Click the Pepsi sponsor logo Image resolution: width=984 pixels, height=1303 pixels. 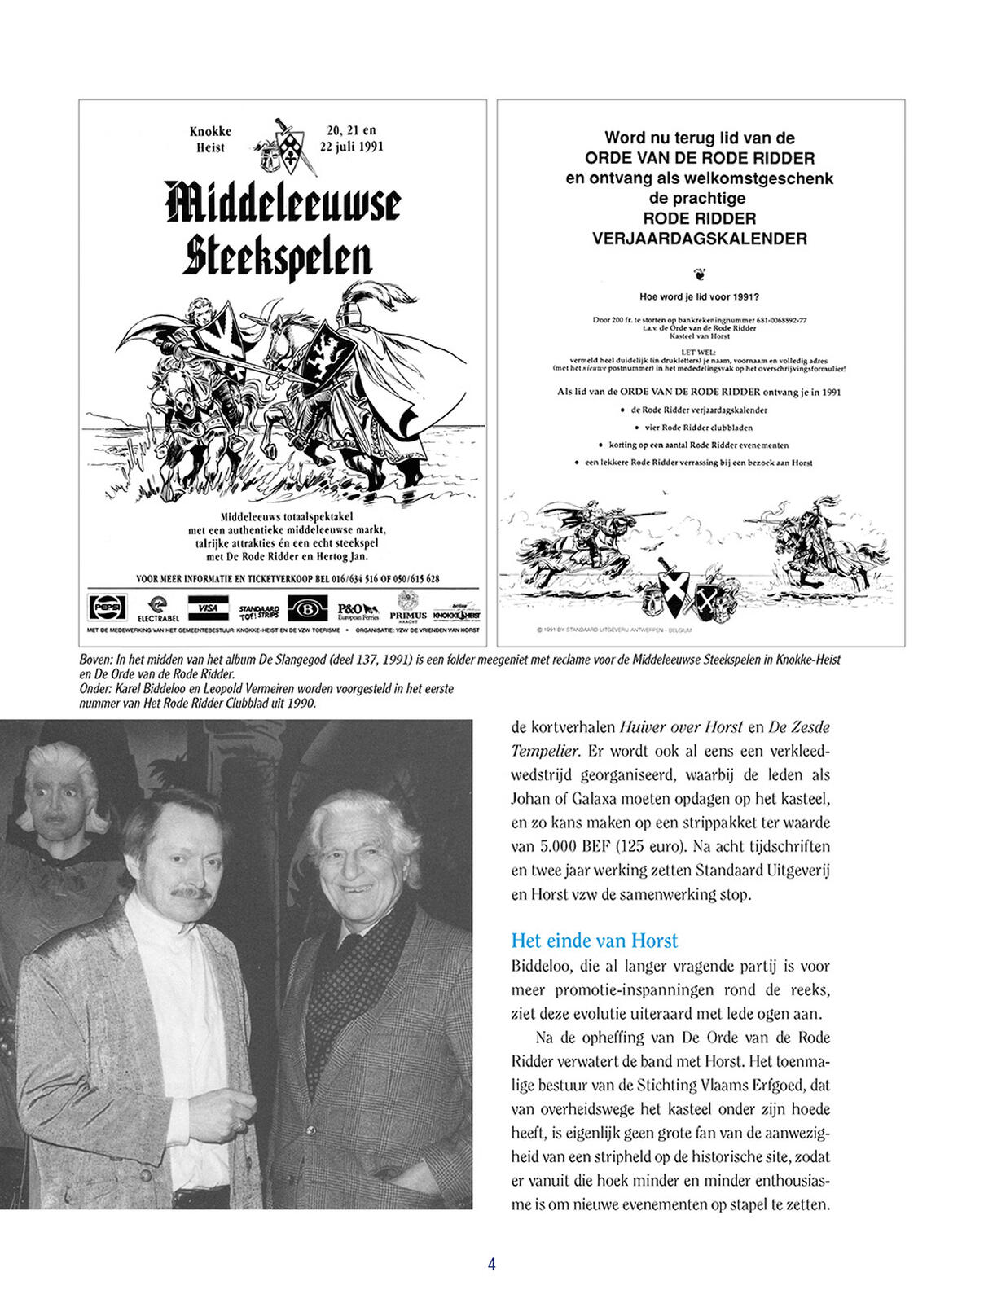click(107, 608)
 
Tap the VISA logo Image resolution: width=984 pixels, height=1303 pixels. click(208, 608)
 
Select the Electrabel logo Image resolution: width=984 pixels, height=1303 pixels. click(157, 608)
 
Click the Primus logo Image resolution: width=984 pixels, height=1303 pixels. click(408, 609)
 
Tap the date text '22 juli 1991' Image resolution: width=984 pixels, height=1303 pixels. click(351, 147)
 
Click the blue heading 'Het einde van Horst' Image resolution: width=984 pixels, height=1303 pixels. click(594, 941)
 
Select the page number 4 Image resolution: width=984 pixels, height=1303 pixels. click(491, 1264)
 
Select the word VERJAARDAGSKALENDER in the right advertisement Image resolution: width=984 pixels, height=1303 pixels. click(699, 239)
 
